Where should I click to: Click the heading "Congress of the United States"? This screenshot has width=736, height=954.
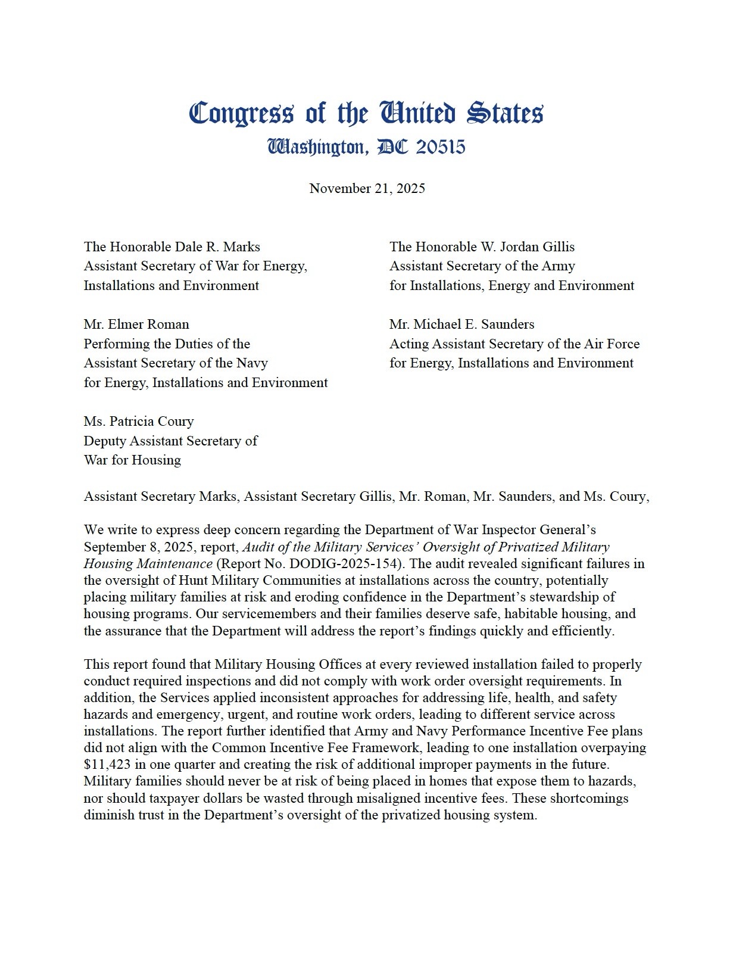tap(366, 113)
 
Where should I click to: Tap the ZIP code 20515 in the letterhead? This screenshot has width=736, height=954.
tap(440, 147)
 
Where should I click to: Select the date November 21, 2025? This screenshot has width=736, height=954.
tap(367, 189)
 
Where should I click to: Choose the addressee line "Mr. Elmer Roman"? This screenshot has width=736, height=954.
tap(136, 325)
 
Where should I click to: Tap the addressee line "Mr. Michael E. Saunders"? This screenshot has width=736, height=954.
tap(461, 325)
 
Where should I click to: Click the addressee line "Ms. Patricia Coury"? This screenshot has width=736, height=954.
tap(139, 422)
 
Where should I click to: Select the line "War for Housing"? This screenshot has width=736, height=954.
tap(132, 460)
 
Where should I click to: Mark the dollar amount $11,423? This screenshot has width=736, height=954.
tap(107, 764)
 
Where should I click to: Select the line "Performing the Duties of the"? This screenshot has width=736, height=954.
tap(167, 344)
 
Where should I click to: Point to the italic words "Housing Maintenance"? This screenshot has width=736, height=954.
tap(148, 563)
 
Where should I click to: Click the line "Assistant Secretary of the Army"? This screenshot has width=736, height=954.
tap(482, 266)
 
